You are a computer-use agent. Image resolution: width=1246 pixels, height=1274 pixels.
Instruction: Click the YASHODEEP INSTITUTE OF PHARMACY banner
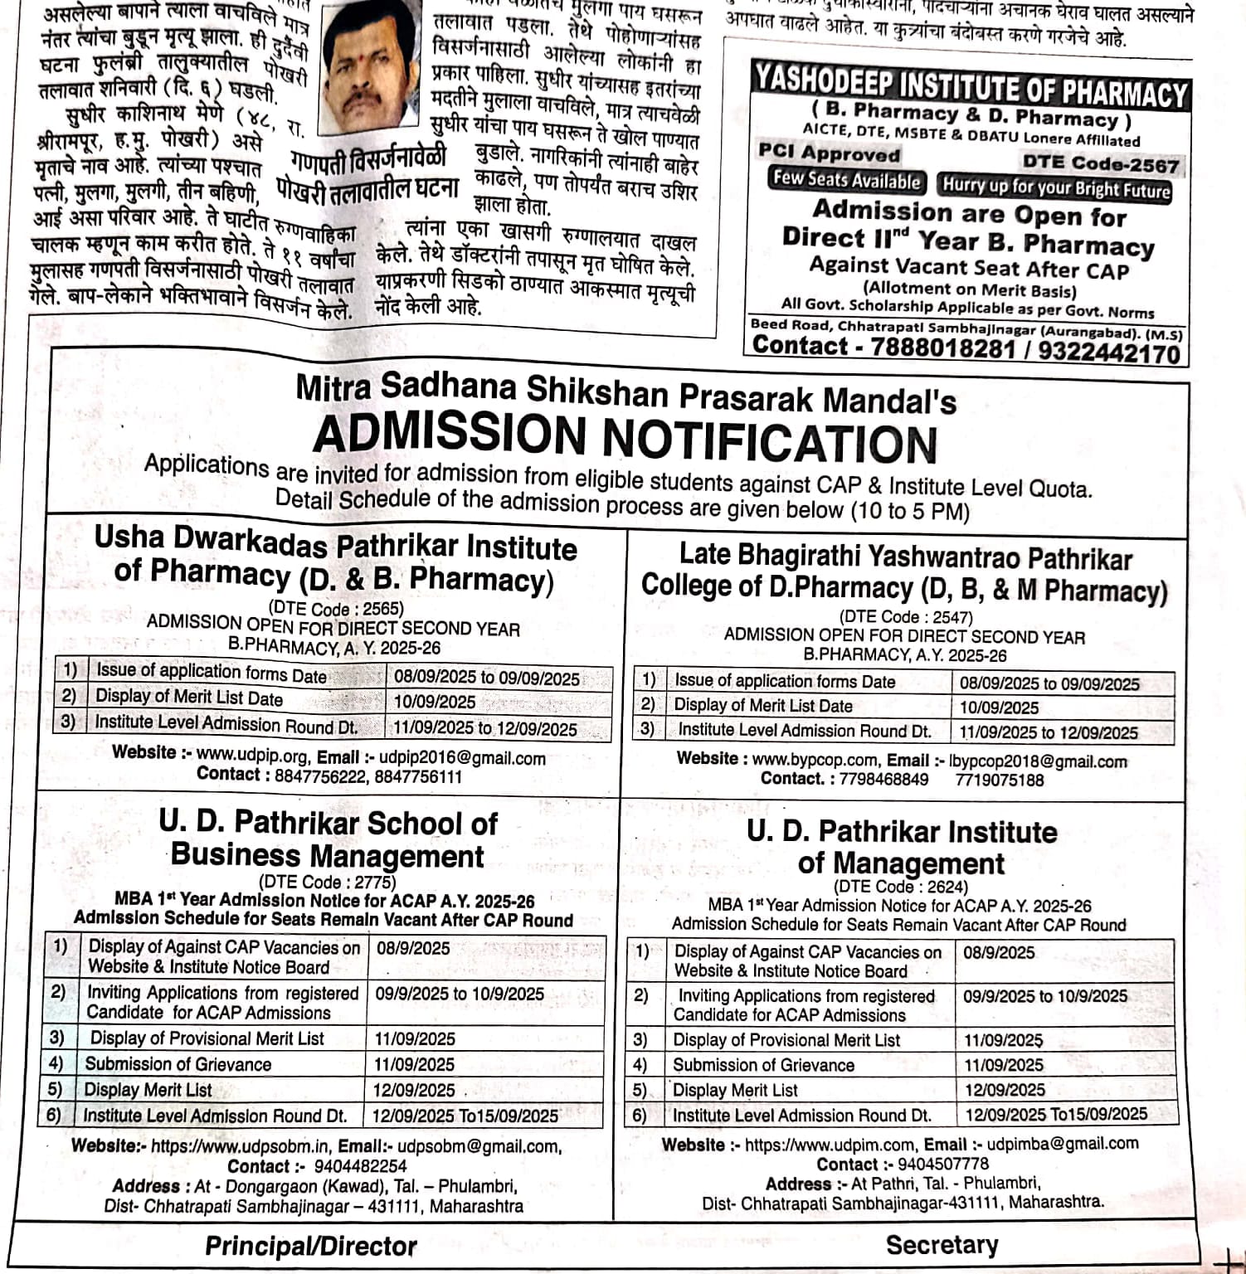click(970, 85)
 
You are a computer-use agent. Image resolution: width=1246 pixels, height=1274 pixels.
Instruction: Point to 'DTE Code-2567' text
click(1100, 164)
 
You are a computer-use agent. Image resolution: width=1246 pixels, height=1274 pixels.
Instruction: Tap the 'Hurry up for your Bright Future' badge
click(1056, 187)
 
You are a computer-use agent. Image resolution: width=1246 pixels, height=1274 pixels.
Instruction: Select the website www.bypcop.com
click(815, 760)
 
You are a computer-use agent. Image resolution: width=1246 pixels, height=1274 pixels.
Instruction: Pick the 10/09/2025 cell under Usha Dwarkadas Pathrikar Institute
click(435, 702)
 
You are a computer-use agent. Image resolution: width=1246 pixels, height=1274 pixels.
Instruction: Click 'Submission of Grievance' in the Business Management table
click(178, 1064)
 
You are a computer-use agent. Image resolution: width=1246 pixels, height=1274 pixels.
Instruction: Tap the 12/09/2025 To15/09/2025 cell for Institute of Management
click(1056, 1114)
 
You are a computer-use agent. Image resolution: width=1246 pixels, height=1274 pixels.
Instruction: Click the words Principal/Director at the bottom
click(311, 1246)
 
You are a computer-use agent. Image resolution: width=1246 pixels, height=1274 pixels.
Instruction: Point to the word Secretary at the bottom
click(942, 1244)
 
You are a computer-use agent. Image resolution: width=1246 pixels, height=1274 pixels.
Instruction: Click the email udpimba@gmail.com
click(1063, 1144)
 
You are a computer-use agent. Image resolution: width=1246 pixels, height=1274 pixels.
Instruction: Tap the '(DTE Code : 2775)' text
click(328, 882)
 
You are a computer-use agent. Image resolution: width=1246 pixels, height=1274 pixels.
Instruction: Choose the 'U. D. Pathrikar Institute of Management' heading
click(902, 847)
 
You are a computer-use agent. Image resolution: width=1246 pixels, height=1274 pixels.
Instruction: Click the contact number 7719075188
click(999, 780)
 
